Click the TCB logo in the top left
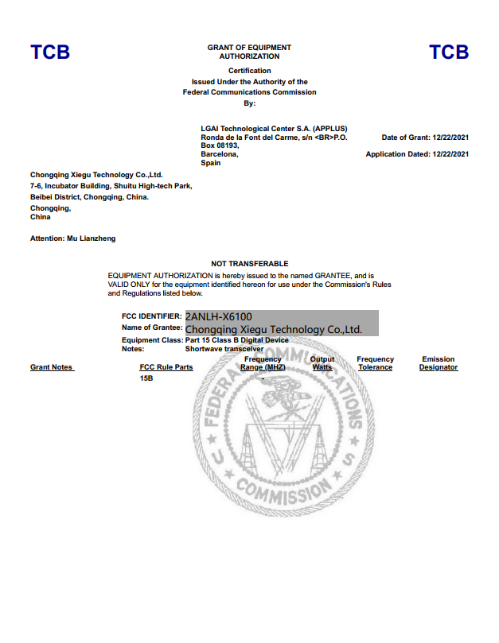[x=50, y=52]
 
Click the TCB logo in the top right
[x=449, y=52]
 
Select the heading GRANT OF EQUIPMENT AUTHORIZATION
[x=249, y=52]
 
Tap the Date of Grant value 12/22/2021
[x=450, y=138]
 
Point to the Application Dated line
[x=417, y=154]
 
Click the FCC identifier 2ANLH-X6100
[x=219, y=317]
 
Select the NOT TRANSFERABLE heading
[x=249, y=263]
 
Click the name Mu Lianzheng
[x=96, y=238]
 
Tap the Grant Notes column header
[x=52, y=367]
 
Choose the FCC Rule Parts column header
[x=166, y=367]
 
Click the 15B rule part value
[x=146, y=379]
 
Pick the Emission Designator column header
[x=439, y=363]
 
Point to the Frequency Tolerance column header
[x=375, y=363]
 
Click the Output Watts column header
[x=322, y=363]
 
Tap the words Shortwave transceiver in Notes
[x=224, y=349]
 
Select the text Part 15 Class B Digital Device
[x=236, y=340]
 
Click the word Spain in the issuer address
[x=211, y=163]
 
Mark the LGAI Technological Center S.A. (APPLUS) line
[x=274, y=129]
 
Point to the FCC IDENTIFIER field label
[x=152, y=316]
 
